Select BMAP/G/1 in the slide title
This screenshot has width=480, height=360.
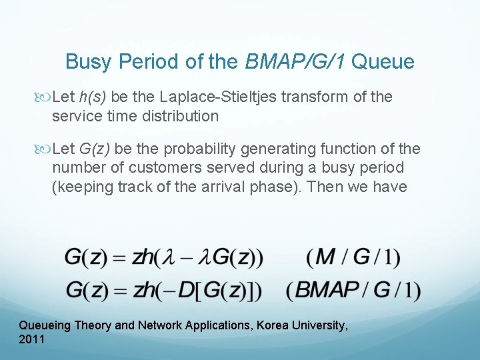pos(295,62)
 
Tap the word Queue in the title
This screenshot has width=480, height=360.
pos(383,62)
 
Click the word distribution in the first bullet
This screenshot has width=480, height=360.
pos(179,116)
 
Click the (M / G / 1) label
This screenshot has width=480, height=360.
pos(353,257)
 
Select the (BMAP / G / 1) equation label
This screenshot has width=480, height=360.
pos(353,291)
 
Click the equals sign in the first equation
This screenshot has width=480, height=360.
pos(121,257)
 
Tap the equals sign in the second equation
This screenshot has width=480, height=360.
pos(121,291)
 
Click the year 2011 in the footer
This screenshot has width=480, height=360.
pos(32,340)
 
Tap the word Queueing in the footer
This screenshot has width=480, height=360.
pos(44,325)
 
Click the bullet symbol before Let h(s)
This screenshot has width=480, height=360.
pos(44,97)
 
